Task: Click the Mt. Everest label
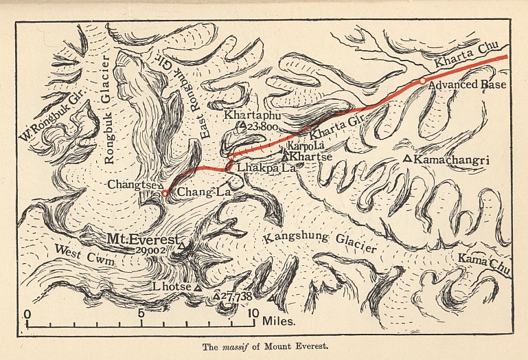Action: click(141, 240)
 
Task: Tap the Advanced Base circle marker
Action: click(423, 81)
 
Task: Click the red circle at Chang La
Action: click(164, 194)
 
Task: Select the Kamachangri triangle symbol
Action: click(407, 159)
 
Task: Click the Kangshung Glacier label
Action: click(320, 242)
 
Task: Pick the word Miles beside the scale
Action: click(278, 321)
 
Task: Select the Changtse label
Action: click(132, 184)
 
